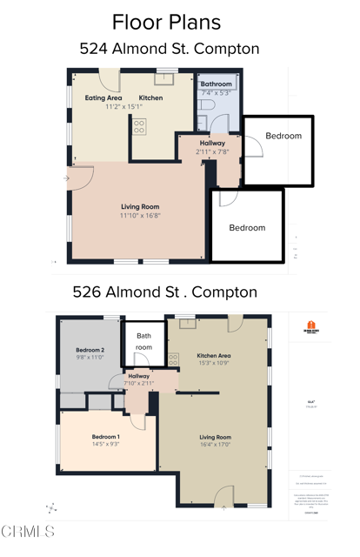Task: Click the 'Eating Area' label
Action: tap(103, 98)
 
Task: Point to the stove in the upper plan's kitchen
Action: tap(139, 127)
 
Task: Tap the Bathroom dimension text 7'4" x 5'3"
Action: tap(214, 92)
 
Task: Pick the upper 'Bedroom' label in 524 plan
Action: tap(283, 137)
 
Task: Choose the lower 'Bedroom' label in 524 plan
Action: tap(247, 228)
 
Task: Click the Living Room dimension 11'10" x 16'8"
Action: tap(141, 215)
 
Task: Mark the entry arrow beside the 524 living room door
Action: tap(67, 178)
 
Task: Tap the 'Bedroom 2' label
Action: tap(90, 350)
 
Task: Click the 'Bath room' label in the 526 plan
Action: tap(143, 341)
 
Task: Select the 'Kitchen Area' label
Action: tap(213, 355)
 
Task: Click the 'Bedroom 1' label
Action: tap(106, 437)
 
